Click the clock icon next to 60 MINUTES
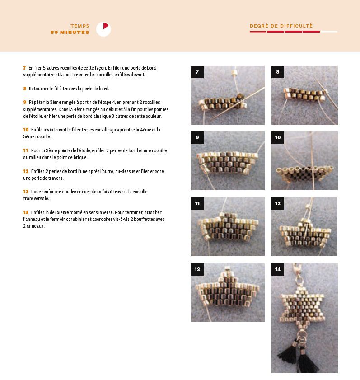tap(103, 29)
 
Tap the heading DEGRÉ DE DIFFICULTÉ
tap(281, 26)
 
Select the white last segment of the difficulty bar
tap(329, 32)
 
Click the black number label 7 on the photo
tap(197, 72)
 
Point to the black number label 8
tap(278, 72)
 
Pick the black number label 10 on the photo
tap(278, 138)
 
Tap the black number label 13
tap(197, 269)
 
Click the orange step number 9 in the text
tap(25, 102)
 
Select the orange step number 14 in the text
tap(26, 212)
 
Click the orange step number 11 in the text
tap(26, 150)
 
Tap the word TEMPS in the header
tap(79, 26)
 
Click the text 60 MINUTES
tap(70, 32)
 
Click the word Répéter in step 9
tap(37, 102)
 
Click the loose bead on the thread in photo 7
tap(234, 72)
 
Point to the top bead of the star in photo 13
tap(228, 268)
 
